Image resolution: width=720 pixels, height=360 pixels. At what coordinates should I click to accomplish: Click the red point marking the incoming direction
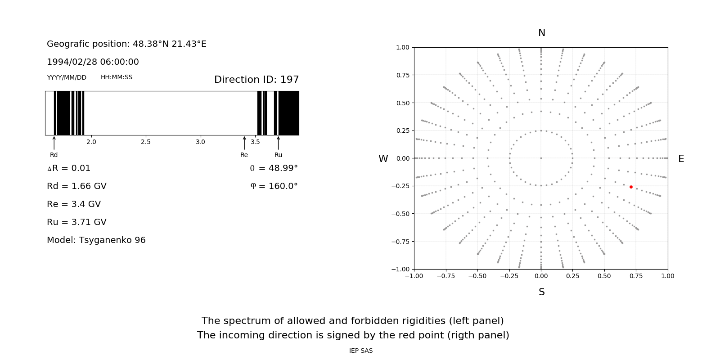(x=631, y=187)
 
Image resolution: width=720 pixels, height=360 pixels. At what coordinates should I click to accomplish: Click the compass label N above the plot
(x=542, y=33)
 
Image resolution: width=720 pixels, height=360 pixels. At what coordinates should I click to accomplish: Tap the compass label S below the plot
(x=542, y=292)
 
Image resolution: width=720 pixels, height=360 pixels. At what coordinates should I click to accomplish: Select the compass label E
(x=681, y=159)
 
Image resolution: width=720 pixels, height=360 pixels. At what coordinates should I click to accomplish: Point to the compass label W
(x=383, y=159)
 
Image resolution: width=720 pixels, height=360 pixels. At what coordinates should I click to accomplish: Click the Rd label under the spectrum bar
(x=54, y=155)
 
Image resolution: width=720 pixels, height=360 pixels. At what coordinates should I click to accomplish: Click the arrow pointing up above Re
(x=244, y=143)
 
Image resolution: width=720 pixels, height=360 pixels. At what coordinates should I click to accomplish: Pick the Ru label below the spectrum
(x=278, y=155)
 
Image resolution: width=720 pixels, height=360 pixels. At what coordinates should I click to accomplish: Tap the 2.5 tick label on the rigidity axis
(x=145, y=142)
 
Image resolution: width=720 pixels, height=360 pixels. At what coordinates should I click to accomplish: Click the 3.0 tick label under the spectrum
(x=200, y=142)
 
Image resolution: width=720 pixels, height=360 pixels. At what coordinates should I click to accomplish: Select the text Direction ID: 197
(x=256, y=80)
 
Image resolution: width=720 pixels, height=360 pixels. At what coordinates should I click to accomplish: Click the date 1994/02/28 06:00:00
(x=93, y=62)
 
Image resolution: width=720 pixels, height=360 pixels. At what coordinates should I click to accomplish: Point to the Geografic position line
(x=126, y=44)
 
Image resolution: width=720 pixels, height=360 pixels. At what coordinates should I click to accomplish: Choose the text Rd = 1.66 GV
(x=76, y=186)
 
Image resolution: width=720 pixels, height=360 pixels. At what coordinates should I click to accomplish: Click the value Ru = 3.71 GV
(x=76, y=222)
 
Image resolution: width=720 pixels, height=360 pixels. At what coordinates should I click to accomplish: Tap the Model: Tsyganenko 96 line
(x=96, y=240)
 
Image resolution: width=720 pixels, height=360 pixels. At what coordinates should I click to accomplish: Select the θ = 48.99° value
(x=274, y=168)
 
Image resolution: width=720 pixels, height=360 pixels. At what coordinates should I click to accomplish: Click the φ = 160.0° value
(x=274, y=186)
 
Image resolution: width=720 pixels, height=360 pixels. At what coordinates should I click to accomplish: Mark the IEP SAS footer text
(x=361, y=351)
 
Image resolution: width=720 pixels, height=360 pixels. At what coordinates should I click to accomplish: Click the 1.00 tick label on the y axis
(x=403, y=47)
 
